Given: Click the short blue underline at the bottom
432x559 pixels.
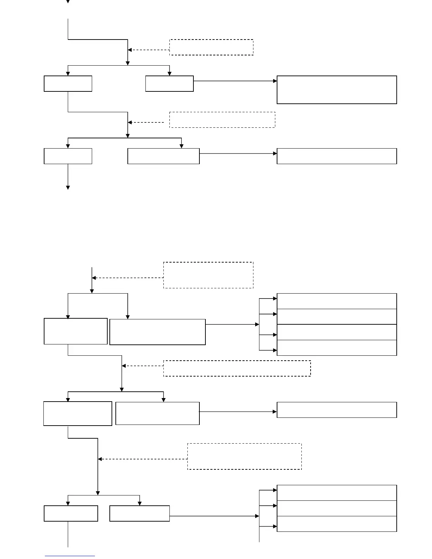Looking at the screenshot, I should point(70,556).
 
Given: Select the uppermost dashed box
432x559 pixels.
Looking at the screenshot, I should point(211,47).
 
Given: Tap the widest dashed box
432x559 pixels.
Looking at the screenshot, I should point(237,368).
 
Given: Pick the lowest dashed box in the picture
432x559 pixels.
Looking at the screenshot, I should point(244,456).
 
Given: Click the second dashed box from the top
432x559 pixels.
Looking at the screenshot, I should point(222,120).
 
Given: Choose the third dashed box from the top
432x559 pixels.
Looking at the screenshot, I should point(208,275).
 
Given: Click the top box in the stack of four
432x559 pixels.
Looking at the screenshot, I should point(337,301).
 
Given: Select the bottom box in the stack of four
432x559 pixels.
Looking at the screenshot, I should point(337,348).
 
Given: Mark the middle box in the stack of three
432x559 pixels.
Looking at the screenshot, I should point(337,508).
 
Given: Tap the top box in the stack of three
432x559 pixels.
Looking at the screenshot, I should point(337,493).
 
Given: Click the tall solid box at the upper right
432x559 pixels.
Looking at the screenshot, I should point(337,90).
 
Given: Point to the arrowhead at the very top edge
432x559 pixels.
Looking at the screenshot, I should point(68,1).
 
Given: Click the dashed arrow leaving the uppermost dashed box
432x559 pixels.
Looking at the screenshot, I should point(148,50).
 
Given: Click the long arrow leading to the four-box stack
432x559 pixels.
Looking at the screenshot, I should point(232,324).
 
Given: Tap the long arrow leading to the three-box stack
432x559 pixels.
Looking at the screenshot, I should point(214,516).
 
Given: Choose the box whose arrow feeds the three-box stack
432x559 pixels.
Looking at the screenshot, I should point(139,513).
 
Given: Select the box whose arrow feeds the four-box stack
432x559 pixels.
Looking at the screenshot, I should point(157,332).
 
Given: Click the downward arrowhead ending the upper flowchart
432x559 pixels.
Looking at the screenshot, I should point(68,188).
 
